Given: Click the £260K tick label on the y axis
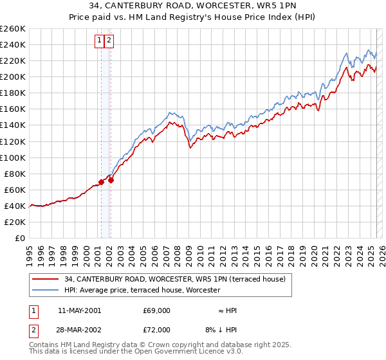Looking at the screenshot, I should pos(13,29).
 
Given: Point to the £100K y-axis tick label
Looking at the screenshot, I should pos(13,157).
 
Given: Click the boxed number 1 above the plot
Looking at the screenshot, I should pos(100,40).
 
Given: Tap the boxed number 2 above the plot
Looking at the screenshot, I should pos(109,40).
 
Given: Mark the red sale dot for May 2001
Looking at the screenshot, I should pos(101,183).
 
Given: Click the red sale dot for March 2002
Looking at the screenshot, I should pos(111,180).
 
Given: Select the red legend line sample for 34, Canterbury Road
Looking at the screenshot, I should pos(45,279).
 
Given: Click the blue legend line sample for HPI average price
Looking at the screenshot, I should pos(45,290).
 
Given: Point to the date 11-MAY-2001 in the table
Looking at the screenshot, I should pos(79,310).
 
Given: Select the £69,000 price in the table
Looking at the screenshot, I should pos(156,310).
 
